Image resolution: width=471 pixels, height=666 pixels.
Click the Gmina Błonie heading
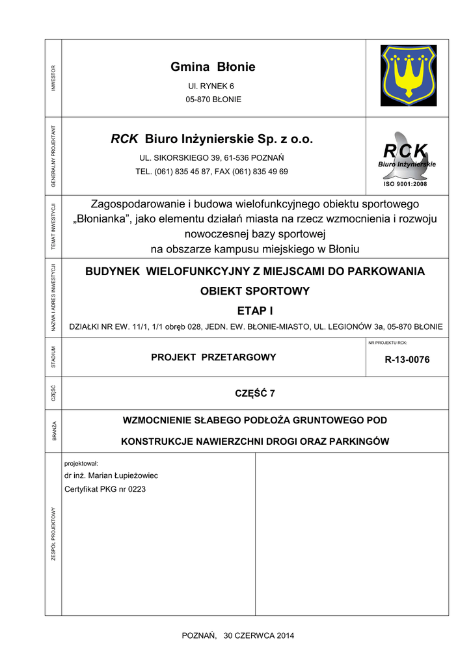click(213, 67)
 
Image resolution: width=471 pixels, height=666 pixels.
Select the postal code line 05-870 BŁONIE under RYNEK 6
click(213, 100)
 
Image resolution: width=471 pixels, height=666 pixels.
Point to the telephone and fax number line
click(211, 172)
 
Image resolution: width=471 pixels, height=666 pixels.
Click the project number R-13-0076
click(407, 360)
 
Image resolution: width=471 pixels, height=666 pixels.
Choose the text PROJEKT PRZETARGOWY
click(213, 357)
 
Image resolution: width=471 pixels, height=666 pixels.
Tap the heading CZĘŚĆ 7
click(255, 393)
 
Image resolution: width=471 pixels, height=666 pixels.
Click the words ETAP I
click(255, 312)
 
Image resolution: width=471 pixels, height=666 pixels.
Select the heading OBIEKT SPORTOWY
click(255, 291)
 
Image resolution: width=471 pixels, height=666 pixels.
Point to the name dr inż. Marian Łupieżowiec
click(111, 475)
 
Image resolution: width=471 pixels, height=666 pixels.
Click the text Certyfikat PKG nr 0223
click(105, 488)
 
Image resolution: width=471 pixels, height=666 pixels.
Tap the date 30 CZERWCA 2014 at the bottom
click(259, 635)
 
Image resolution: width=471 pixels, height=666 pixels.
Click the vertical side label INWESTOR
click(53, 78)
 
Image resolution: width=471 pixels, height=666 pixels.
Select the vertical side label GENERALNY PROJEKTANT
click(53, 156)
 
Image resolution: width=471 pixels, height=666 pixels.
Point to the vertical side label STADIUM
click(53, 357)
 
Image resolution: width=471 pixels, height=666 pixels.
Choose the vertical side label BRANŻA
click(53, 431)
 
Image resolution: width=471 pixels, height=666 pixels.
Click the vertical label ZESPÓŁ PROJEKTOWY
click(53, 534)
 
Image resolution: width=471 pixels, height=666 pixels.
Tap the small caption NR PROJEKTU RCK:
click(387, 342)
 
